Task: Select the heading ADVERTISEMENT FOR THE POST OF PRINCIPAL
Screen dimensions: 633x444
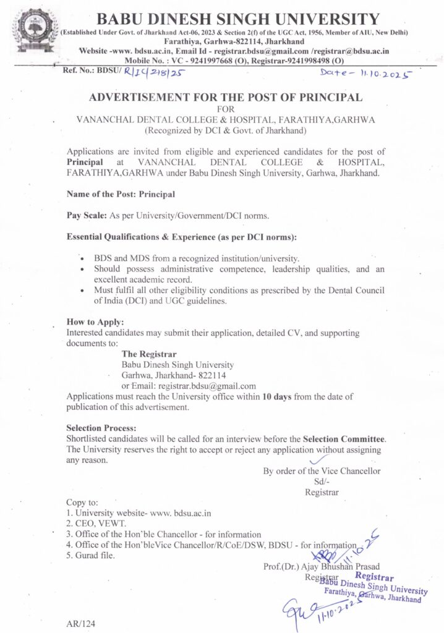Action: pos(225,98)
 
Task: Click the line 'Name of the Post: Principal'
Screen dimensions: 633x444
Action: pos(121,193)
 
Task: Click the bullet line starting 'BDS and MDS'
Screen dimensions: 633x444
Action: pos(197,257)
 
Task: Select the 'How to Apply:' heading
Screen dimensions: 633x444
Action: pos(95,322)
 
